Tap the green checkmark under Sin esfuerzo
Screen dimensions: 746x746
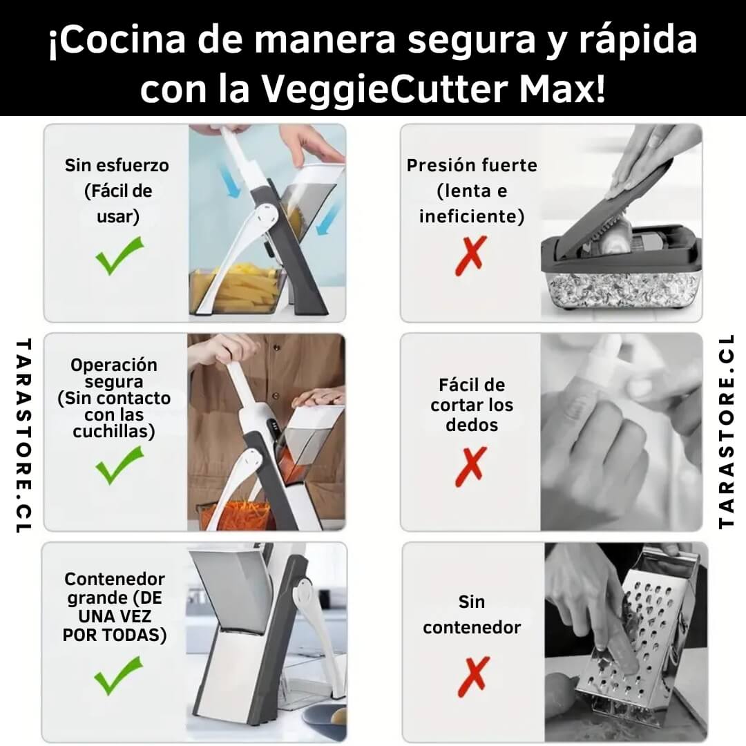(119, 256)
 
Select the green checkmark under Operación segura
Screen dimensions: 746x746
(119, 465)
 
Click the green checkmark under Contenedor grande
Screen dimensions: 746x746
(119, 675)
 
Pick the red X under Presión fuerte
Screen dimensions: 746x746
(471, 256)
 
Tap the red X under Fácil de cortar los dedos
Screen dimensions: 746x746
(471, 466)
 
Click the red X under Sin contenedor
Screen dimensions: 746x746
(473, 676)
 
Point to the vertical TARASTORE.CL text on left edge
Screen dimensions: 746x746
(23, 435)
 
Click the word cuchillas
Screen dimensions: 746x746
(114, 432)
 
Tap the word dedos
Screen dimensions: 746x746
(472, 425)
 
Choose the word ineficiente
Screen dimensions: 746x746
(472, 216)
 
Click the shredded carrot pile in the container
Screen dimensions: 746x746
(238, 515)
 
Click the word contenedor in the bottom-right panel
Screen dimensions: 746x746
(472, 627)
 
